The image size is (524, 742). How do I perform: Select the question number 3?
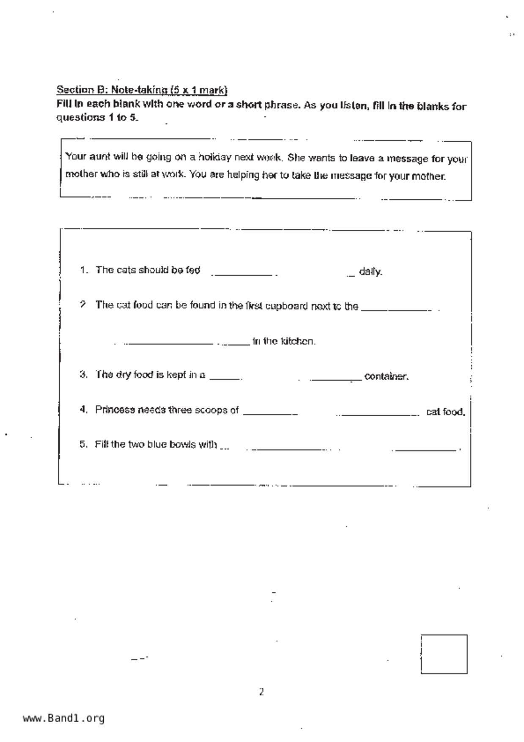pyautogui.click(x=83, y=374)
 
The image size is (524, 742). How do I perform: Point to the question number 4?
pyautogui.click(x=83, y=409)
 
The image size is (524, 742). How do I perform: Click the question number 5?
pyautogui.click(x=83, y=444)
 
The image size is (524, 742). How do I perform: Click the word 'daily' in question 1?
pyautogui.click(x=370, y=272)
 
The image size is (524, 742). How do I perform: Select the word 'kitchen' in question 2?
pyautogui.click(x=298, y=341)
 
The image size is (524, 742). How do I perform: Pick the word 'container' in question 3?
pyautogui.click(x=386, y=376)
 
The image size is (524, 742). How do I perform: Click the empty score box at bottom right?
pyautogui.click(x=444, y=654)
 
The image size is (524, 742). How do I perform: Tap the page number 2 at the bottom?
pyautogui.click(x=261, y=692)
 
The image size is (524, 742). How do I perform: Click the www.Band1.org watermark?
pyautogui.click(x=63, y=718)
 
